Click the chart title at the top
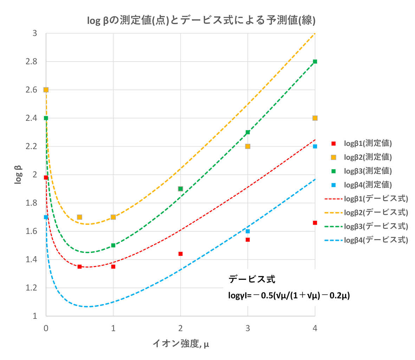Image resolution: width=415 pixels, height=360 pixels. (x=201, y=21)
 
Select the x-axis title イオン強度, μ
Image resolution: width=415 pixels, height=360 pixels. (x=181, y=343)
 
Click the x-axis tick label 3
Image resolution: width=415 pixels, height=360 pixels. (x=248, y=328)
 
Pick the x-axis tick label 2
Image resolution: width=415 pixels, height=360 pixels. (x=180, y=328)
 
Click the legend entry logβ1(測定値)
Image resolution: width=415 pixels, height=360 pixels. (x=368, y=143)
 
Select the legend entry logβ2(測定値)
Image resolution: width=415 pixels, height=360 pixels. (x=368, y=157)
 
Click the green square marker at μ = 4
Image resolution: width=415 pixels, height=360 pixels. (x=315, y=62)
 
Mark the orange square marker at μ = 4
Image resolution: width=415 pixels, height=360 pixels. (x=315, y=118)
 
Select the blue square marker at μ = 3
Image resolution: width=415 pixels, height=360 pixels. (x=248, y=231)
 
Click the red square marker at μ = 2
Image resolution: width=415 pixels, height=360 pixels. (x=181, y=254)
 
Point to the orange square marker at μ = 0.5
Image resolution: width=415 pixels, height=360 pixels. (x=79, y=217)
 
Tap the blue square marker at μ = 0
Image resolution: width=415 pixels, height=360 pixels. (x=46, y=217)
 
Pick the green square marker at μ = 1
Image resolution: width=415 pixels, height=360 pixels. (x=113, y=245)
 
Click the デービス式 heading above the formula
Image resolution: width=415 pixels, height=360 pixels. (x=252, y=279)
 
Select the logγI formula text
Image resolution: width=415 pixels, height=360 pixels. (x=289, y=296)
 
